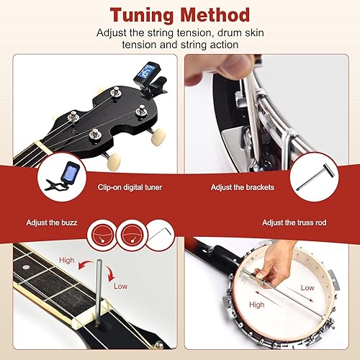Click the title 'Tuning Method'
click(x=180, y=15)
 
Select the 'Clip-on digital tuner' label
click(x=130, y=186)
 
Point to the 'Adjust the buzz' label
click(x=51, y=222)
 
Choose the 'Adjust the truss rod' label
click(x=294, y=222)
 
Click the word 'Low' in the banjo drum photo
click(x=307, y=287)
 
